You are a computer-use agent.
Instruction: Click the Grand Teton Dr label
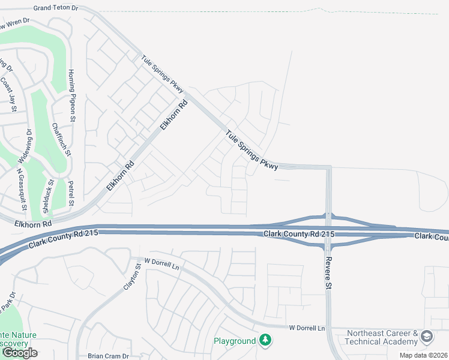(56, 8)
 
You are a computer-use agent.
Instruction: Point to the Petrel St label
(71, 193)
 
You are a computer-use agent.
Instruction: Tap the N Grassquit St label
(22, 189)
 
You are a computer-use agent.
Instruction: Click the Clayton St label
(132, 276)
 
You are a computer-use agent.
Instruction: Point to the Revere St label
(328, 271)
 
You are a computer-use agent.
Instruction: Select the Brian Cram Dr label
(108, 356)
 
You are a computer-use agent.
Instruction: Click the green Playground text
(235, 341)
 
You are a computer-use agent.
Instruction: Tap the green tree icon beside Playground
(265, 341)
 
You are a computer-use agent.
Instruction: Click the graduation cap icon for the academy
(427, 337)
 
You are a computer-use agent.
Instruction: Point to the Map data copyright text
(423, 355)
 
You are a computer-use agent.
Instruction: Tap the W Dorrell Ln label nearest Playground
(306, 328)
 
